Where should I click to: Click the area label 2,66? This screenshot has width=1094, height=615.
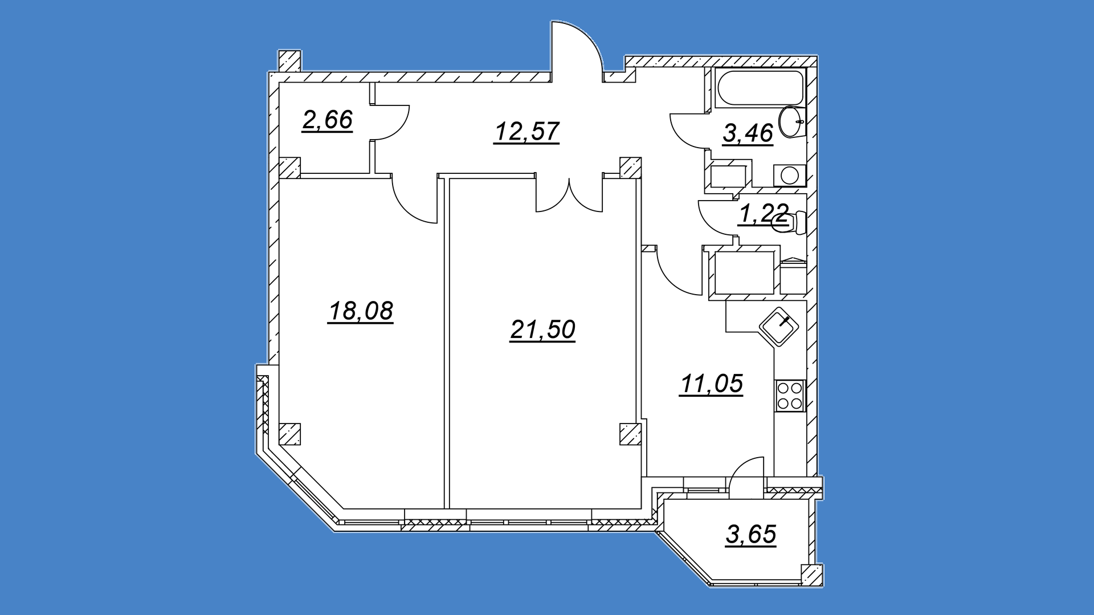click(x=328, y=120)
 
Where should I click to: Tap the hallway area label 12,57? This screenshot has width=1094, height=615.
click(x=526, y=132)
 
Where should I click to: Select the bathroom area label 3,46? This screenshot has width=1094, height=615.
click(x=748, y=133)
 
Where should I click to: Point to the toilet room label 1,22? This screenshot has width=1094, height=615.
click(x=764, y=214)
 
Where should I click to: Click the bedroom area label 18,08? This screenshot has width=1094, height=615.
click(x=361, y=311)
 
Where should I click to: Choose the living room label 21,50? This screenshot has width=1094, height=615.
click(x=542, y=329)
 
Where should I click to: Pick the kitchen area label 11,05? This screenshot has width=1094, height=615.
click(x=712, y=384)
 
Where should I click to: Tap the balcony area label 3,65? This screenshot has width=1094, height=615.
click(x=751, y=535)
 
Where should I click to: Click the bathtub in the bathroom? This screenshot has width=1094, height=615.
click(x=760, y=88)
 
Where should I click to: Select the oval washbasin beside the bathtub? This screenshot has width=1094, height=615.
click(x=792, y=121)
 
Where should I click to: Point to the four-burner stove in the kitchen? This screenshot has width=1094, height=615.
click(x=790, y=396)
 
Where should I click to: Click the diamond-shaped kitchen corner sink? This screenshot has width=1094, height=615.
click(x=779, y=327)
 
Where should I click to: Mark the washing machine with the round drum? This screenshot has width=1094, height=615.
click(x=790, y=176)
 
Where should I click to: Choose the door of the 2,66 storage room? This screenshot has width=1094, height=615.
click(x=390, y=123)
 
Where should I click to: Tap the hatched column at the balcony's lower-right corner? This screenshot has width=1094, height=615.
click(x=812, y=575)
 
